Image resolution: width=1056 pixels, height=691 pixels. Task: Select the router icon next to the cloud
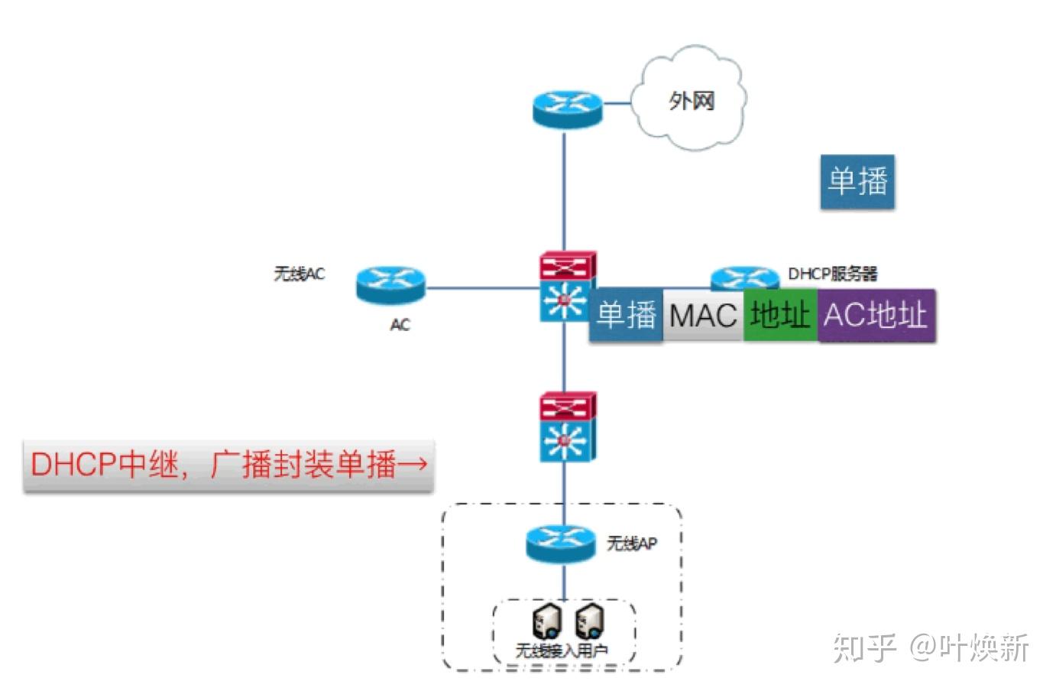coord(567,108)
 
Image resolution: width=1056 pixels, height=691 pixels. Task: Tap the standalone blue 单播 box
coord(857,182)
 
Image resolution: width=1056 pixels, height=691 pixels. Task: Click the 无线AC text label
coord(299,274)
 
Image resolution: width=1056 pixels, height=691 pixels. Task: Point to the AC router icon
coord(390,286)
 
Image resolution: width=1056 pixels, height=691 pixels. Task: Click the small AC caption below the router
coord(400,325)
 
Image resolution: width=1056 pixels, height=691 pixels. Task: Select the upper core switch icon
coord(566,287)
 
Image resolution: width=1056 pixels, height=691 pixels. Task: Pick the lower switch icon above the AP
coord(566,427)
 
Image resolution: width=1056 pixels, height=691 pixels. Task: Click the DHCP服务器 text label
coord(832,274)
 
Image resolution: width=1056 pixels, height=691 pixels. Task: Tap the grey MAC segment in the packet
coord(702,315)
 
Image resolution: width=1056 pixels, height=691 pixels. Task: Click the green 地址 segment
coord(779,314)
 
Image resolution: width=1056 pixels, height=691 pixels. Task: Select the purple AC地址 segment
coord(876,314)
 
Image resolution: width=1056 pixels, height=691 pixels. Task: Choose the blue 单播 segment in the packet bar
coord(626,315)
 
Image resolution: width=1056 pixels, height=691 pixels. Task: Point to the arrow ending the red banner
coord(413,464)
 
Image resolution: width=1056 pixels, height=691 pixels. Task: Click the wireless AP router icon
coord(561,543)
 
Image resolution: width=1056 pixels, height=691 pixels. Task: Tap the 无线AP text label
coord(631,543)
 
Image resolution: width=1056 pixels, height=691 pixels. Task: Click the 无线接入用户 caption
coord(562,650)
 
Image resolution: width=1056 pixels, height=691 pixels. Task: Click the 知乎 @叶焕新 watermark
coord(930,647)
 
